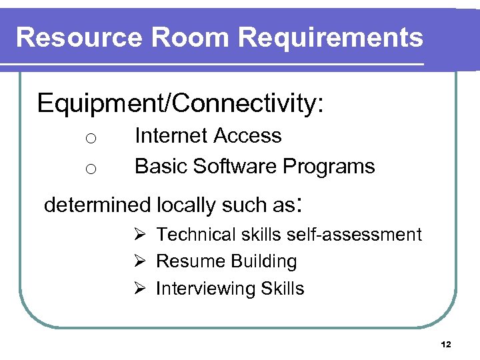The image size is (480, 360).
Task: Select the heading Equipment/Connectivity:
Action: (x=181, y=105)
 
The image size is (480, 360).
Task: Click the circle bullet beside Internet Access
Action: (x=91, y=139)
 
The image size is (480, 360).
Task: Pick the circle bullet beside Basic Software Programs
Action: (x=91, y=169)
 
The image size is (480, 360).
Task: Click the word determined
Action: (x=97, y=205)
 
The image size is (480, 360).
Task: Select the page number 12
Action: (x=446, y=345)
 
